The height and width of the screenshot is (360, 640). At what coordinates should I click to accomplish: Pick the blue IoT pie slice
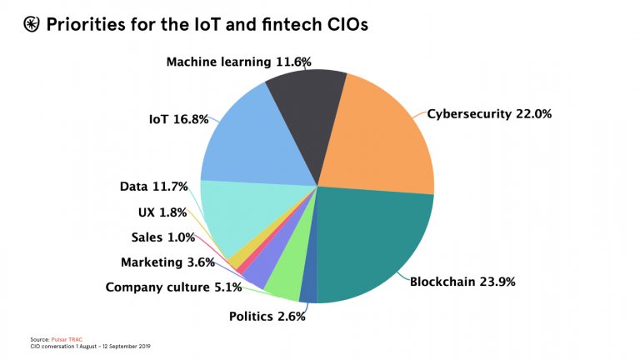point(242,142)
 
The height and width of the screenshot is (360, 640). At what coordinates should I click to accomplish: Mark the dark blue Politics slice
point(308,292)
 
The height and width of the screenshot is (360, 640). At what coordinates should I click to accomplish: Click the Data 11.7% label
point(154,187)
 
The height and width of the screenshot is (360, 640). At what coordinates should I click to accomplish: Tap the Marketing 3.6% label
point(167,262)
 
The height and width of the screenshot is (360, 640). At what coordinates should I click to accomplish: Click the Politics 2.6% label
point(267,316)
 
